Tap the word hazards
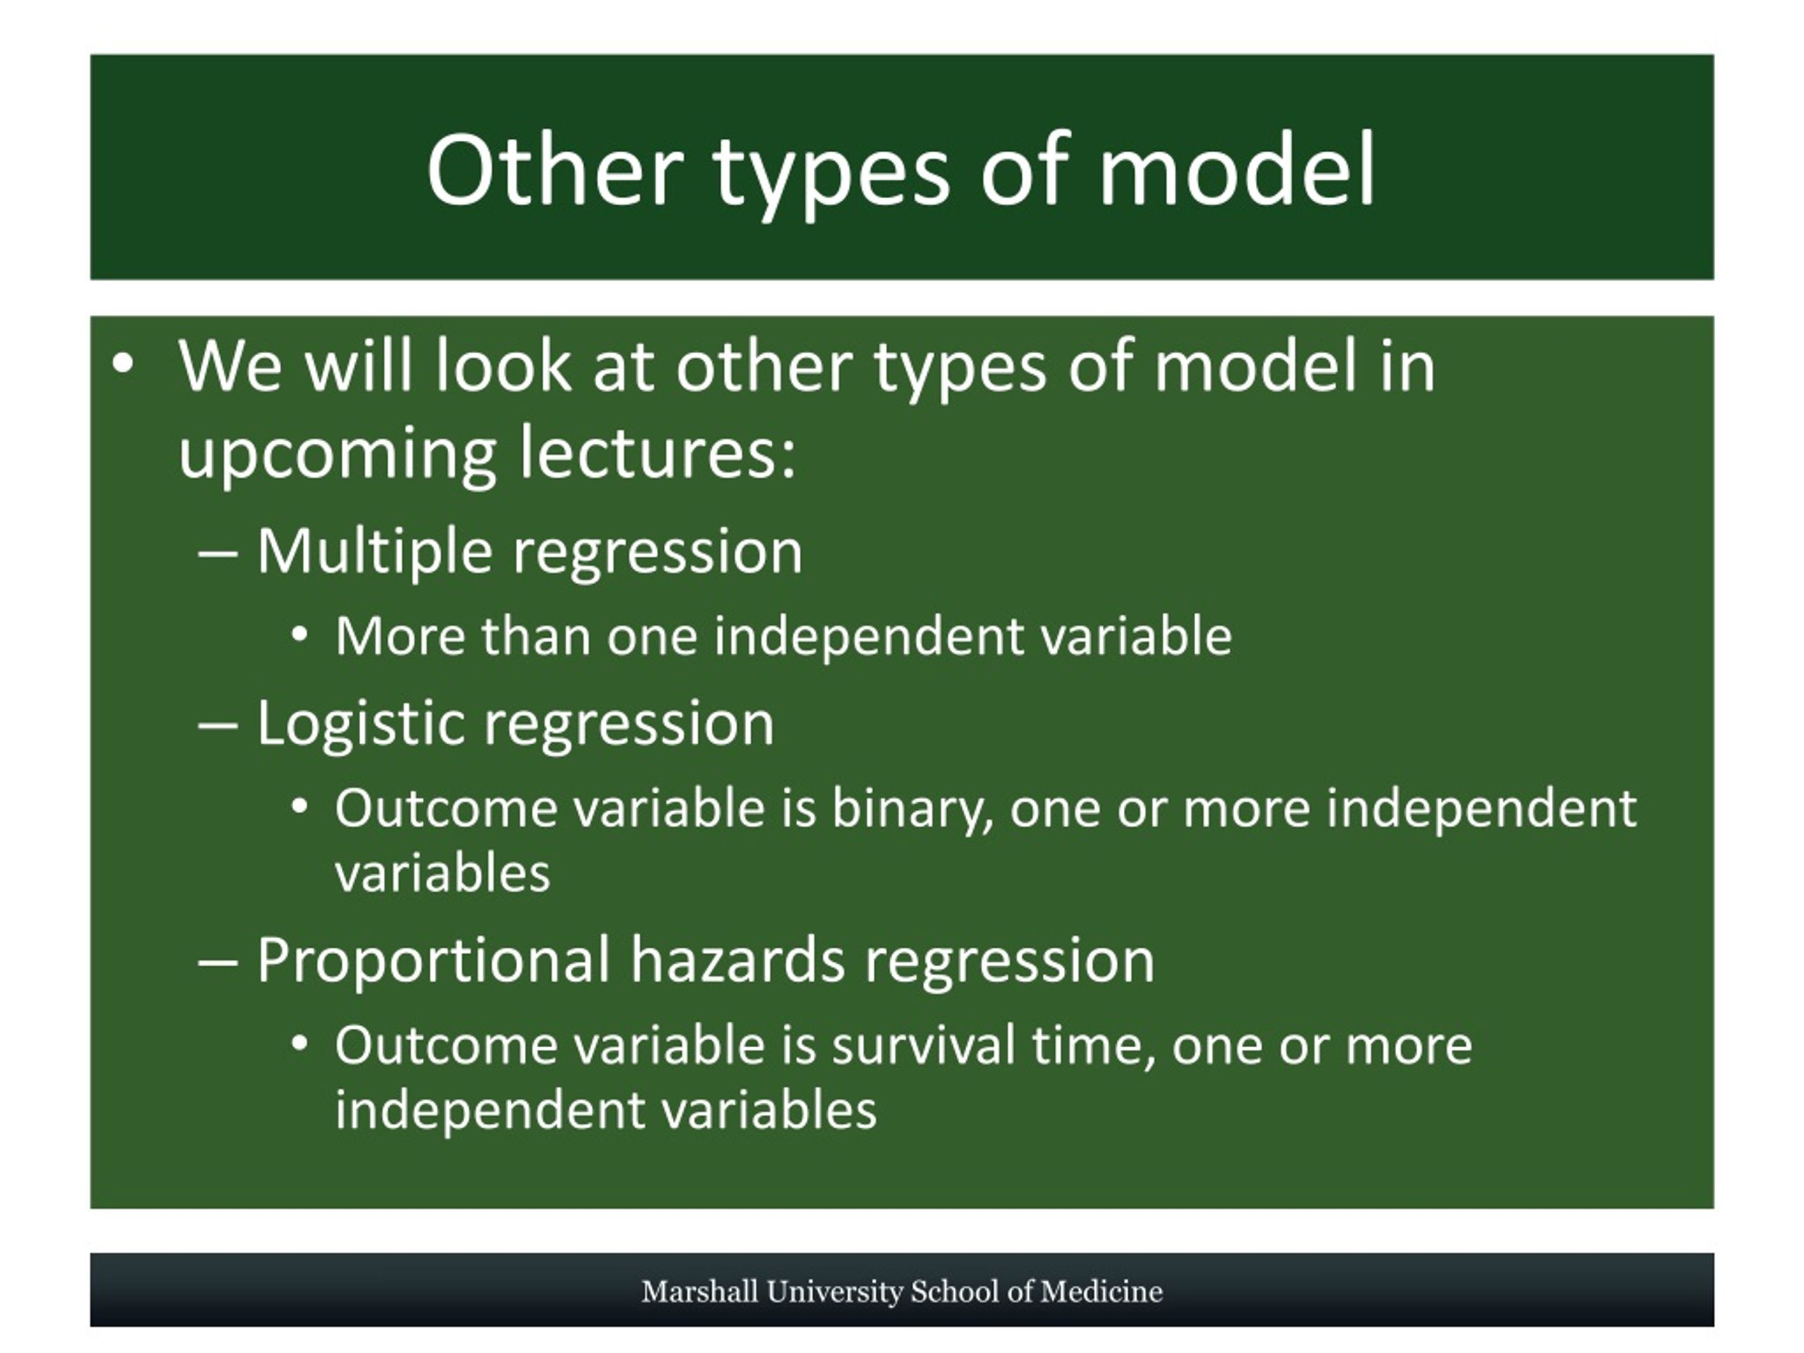coord(737,959)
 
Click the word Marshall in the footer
coord(700,1292)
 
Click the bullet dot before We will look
coord(123,364)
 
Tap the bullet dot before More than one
coord(299,634)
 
